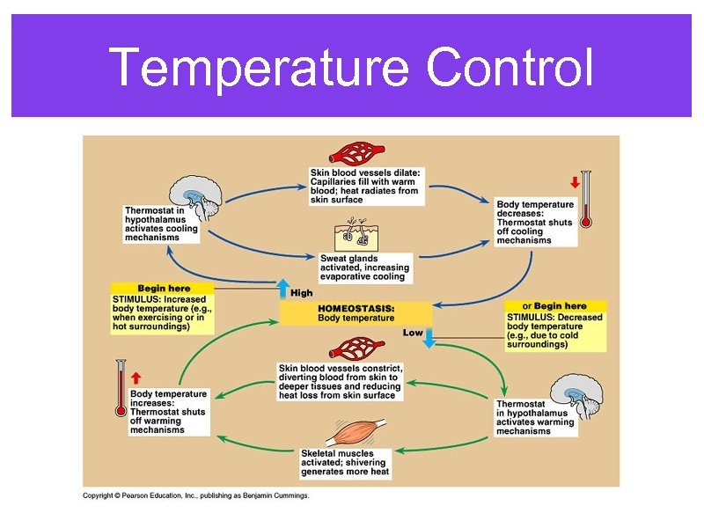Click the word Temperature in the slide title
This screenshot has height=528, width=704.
point(259,69)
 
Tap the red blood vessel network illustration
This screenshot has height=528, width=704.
point(356,151)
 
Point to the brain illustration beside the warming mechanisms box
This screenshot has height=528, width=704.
point(576,395)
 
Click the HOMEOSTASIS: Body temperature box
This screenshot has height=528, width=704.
point(356,313)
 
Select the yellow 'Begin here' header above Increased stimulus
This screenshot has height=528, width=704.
point(163,288)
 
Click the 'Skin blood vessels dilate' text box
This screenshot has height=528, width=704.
point(364,186)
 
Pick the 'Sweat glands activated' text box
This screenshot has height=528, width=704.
point(364,267)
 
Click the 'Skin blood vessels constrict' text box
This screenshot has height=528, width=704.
point(340,382)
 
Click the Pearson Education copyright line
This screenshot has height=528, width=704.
point(195,495)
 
